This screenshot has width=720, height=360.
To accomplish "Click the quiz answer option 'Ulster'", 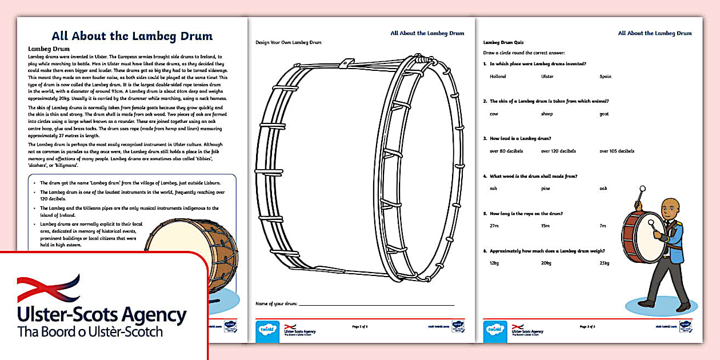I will click(547, 77).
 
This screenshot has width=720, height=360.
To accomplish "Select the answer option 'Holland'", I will click(498, 77).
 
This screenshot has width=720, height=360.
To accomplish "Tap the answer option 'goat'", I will click(604, 114).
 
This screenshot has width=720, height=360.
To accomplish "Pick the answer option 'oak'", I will click(603, 189).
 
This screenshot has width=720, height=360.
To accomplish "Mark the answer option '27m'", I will click(494, 226).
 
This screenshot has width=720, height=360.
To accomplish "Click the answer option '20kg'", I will click(546, 263).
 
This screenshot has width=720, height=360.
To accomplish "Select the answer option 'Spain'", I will click(605, 77).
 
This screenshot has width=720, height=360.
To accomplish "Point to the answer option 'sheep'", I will click(547, 114).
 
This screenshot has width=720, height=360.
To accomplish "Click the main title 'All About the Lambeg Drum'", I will click(132, 36).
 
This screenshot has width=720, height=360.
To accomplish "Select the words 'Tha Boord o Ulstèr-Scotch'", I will click(90, 332).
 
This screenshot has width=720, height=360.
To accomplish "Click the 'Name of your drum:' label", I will click(277, 303).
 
